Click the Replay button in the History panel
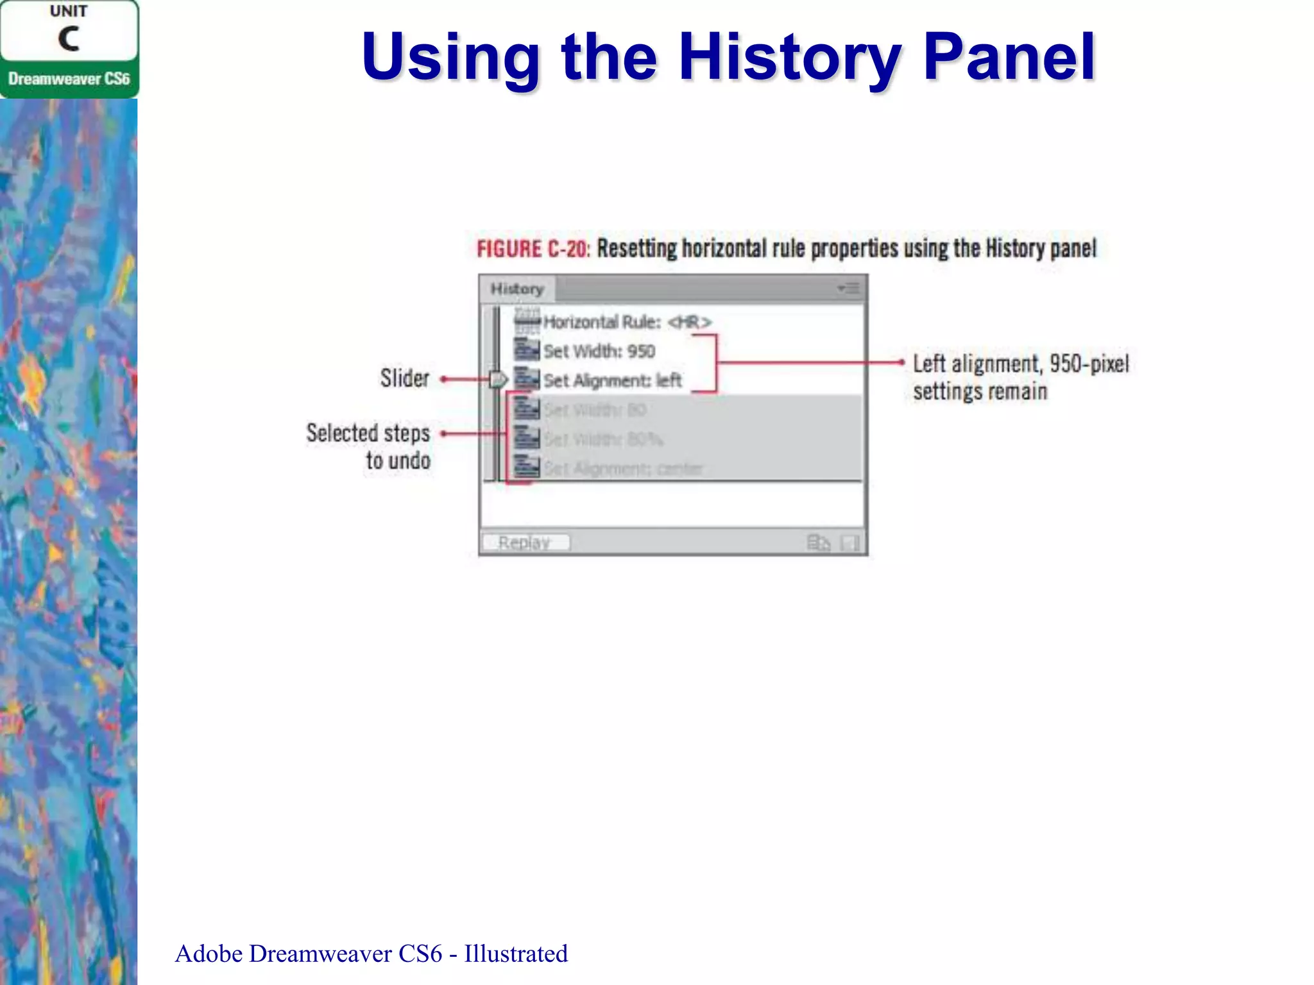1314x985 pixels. [x=525, y=543]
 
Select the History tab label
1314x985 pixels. [x=517, y=289]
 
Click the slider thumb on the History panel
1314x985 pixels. [x=498, y=380]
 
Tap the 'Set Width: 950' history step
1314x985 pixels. [x=599, y=351]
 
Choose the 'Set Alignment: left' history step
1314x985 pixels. [x=612, y=381]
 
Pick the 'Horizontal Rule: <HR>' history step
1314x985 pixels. [x=627, y=322]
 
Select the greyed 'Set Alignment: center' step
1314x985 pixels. [x=623, y=469]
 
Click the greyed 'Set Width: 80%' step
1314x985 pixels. [x=603, y=439]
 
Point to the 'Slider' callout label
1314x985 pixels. [x=404, y=378]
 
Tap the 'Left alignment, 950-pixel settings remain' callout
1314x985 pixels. [x=1020, y=377]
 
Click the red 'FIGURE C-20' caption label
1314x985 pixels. [x=533, y=249]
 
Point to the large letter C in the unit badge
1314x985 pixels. [x=69, y=38]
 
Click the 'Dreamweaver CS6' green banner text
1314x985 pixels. [x=69, y=79]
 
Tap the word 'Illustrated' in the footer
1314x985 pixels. [x=516, y=954]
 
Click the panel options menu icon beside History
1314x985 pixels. [x=848, y=289]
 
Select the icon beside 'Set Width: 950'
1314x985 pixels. [x=527, y=350]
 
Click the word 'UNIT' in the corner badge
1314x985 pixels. [x=69, y=12]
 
